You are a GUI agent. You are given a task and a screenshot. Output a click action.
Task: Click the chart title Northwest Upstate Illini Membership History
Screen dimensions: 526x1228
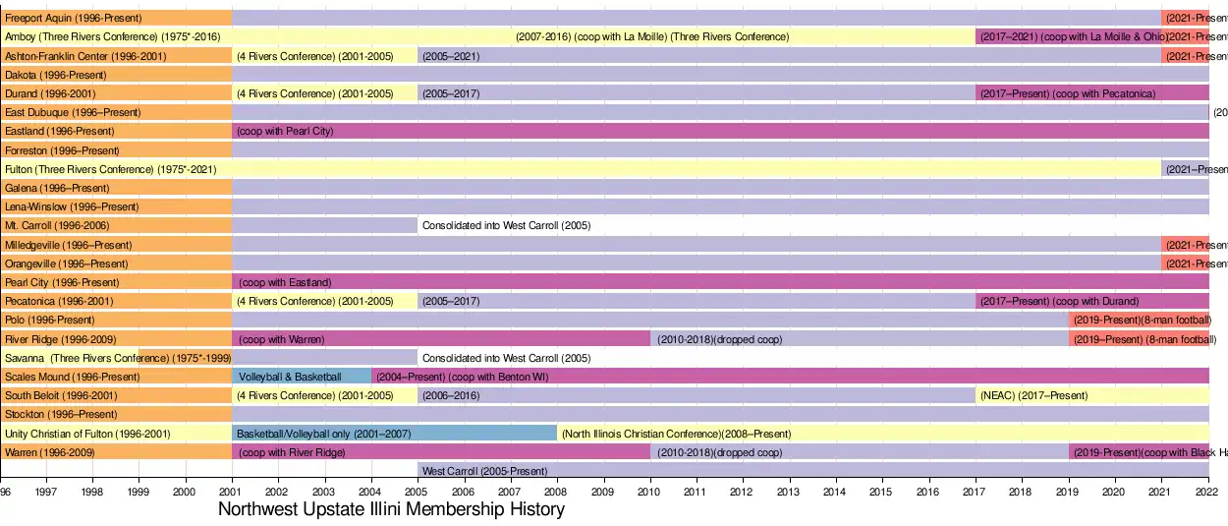pyautogui.click(x=391, y=509)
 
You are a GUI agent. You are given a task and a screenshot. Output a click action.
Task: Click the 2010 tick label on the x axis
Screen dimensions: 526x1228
pyautogui.click(x=649, y=491)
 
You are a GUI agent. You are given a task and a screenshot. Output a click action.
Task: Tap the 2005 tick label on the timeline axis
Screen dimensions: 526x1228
pyautogui.click(x=417, y=491)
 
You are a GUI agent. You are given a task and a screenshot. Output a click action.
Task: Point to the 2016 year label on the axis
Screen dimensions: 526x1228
pyautogui.click(x=928, y=491)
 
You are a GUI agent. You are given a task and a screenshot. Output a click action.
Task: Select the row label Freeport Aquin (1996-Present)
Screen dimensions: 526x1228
pyautogui.click(x=73, y=18)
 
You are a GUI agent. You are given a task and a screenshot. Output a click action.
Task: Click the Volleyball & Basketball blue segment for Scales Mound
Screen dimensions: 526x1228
pyautogui.click(x=290, y=377)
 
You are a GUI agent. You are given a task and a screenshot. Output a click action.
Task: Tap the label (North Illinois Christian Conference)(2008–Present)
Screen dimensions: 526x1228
pyautogui.click(x=676, y=434)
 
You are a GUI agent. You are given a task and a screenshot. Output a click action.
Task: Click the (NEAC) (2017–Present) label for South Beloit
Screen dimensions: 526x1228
pyautogui.click(x=1033, y=395)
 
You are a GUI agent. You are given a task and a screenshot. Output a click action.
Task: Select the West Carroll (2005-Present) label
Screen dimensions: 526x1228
pyautogui.click(x=484, y=471)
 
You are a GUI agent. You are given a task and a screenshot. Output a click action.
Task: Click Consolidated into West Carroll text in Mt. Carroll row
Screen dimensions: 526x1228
pyautogui.click(x=506, y=225)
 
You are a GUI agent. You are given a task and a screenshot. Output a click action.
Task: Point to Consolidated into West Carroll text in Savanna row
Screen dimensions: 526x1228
pyautogui.click(x=506, y=358)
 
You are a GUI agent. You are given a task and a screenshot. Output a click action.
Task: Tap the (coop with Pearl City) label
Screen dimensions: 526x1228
pyautogui.click(x=285, y=131)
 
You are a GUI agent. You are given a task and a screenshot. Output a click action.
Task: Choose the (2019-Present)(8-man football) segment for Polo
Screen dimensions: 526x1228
pyautogui.click(x=1142, y=320)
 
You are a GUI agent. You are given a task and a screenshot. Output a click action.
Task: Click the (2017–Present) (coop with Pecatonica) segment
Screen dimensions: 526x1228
pyautogui.click(x=1067, y=93)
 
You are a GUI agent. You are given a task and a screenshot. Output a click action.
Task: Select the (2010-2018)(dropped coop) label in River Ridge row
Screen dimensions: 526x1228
pyautogui.click(x=719, y=339)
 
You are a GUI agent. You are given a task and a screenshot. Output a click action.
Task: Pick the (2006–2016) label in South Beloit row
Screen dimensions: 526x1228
pyautogui.click(x=451, y=395)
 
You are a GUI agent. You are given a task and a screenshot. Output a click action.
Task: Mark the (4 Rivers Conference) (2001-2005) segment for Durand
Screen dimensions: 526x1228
pyautogui.click(x=313, y=93)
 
